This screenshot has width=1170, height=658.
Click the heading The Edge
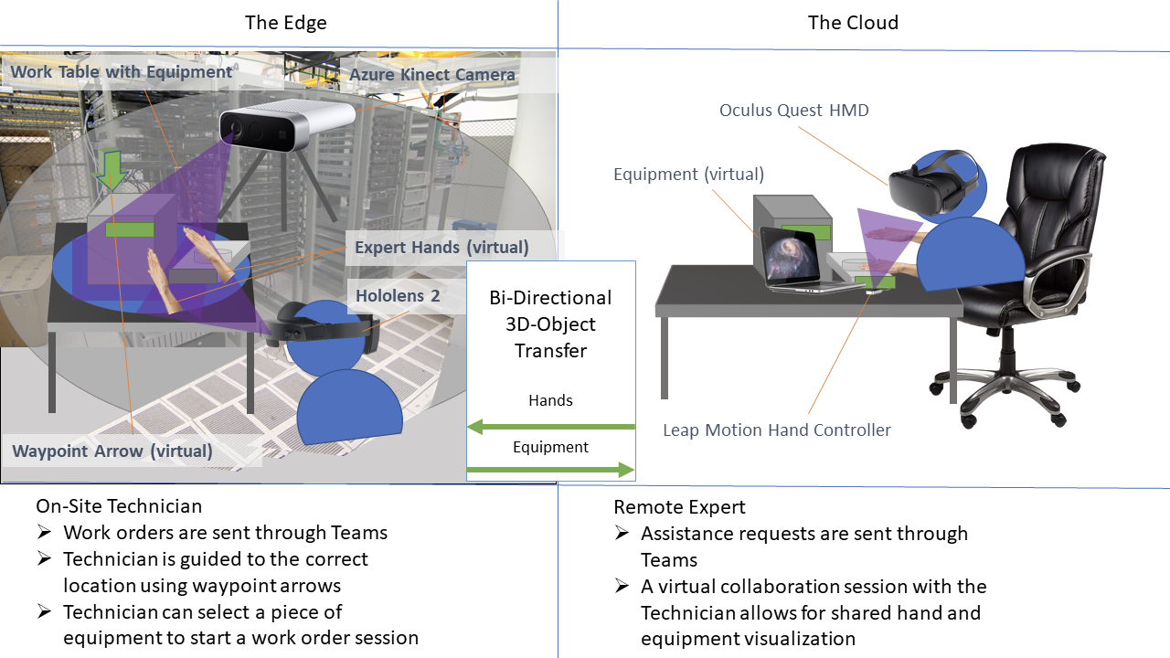(x=286, y=23)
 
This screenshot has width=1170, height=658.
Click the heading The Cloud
(x=853, y=23)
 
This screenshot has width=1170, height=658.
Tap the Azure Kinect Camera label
(x=432, y=75)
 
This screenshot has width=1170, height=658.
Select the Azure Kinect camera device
(x=287, y=125)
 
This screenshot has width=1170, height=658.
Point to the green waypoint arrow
(x=111, y=170)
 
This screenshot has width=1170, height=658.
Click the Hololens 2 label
(x=398, y=296)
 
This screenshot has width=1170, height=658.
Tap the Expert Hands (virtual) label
(x=441, y=248)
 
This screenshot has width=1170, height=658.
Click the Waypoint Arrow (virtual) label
(x=112, y=451)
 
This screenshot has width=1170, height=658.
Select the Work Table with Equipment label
(x=122, y=72)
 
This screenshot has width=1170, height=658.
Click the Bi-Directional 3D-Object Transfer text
(x=550, y=324)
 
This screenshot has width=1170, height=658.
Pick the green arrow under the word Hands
(x=550, y=427)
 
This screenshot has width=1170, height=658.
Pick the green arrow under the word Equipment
(x=550, y=470)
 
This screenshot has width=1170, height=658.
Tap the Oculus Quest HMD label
(x=794, y=111)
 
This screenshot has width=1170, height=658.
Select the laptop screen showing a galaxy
(x=788, y=257)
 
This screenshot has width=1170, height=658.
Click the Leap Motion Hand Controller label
(x=777, y=430)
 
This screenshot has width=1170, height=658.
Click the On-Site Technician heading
(x=119, y=506)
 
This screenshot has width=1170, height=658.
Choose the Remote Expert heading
(x=679, y=507)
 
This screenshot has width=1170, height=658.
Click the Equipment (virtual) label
(x=688, y=175)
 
